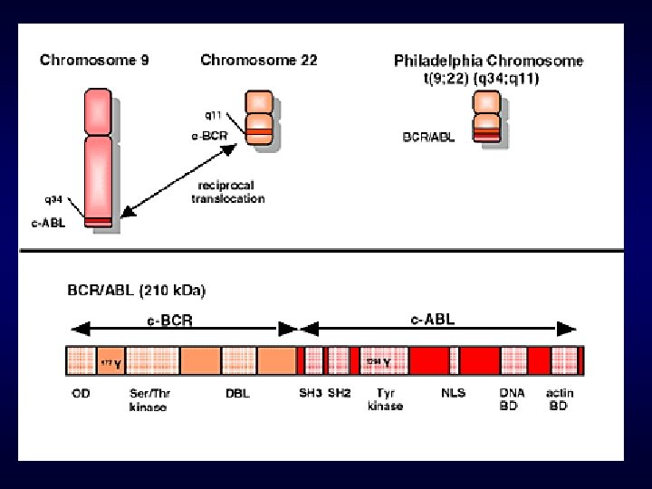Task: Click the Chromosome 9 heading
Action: click(94, 61)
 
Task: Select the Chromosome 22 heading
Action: click(258, 61)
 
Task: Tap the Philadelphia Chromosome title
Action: click(488, 62)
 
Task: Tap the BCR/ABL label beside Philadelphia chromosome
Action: click(429, 138)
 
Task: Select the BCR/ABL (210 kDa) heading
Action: click(137, 291)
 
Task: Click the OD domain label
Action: click(81, 394)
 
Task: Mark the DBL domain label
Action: click(238, 394)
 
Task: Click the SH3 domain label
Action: click(310, 394)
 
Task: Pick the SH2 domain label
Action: click(339, 394)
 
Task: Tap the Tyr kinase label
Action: click(386, 400)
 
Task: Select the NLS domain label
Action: click(453, 394)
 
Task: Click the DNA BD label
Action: click(512, 400)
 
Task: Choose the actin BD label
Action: click(559, 400)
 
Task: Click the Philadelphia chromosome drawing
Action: click(488, 117)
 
